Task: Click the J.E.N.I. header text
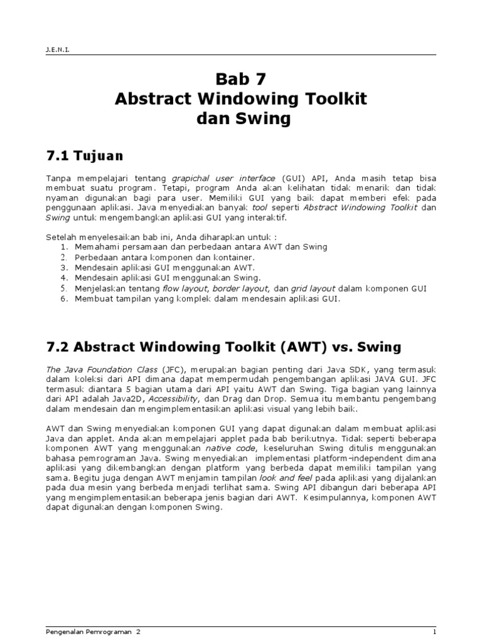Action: pyautogui.click(x=58, y=47)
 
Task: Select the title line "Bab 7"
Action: pyautogui.click(x=241, y=78)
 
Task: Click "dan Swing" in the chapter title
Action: pyautogui.click(x=241, y=119)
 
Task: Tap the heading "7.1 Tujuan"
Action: pyautogui.click(x=85, y=154)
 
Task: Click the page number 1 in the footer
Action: pyautogui.click(x=434, y=632)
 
